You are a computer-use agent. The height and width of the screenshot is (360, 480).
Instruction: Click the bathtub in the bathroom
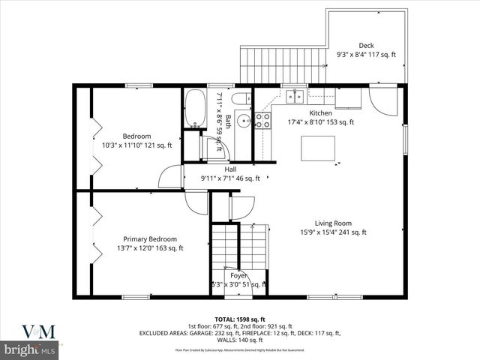click(194, 109)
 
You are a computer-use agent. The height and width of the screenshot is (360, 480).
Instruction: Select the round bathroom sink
click(242, 121)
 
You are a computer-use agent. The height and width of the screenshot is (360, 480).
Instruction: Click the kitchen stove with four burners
click(262, 121)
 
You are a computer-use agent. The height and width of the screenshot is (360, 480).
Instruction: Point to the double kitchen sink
click(294, 95)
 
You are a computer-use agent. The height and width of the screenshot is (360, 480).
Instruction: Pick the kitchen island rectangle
click(317, 147)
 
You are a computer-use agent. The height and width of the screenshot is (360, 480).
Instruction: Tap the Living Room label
click(333, 223)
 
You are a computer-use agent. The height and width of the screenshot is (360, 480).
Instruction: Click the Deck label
click(366, 45)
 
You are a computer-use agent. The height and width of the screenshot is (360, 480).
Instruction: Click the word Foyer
click(238, 275)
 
